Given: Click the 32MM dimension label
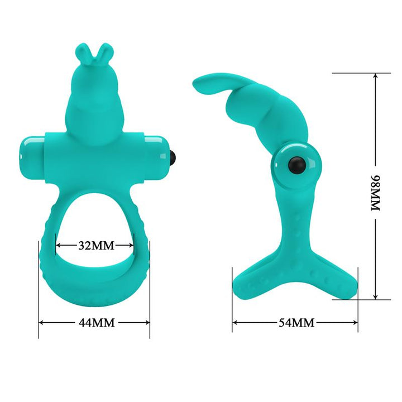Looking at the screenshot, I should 95,245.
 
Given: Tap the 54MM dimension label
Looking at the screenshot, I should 296,323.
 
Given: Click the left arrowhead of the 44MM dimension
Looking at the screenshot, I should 40,323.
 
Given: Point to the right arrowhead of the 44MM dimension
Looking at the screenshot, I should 148,323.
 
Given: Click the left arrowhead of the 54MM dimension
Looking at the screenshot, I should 234,323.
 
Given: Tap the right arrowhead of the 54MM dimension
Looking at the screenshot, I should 356,323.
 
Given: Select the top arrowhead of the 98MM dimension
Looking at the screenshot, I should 375,75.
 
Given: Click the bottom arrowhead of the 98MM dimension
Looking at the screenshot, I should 375,298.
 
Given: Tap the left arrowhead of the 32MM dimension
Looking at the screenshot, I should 58,245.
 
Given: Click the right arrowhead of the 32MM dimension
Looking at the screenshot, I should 133,245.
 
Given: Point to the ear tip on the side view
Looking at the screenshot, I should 197,84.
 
